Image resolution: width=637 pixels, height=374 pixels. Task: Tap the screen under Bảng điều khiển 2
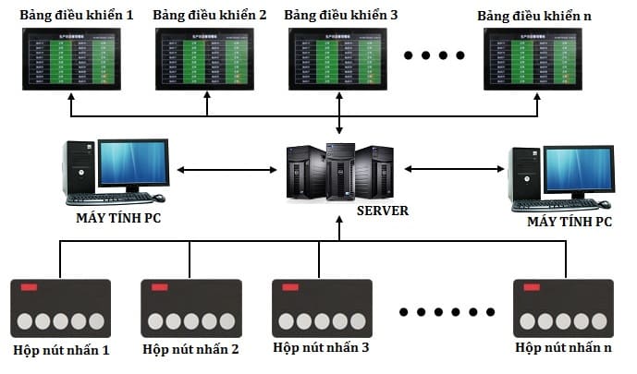(x=205, y=58)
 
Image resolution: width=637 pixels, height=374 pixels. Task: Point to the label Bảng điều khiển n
(x=534, y=16)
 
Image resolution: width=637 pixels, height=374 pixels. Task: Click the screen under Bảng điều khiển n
(x=537, y=58)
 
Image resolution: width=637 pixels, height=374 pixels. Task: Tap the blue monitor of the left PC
(x=134, y=163)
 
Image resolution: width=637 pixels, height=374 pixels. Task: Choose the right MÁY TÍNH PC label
(x=569, y=223)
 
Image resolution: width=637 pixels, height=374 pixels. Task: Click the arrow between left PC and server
(x=227, y=170)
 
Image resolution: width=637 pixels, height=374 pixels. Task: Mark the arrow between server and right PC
(x=454, y=169)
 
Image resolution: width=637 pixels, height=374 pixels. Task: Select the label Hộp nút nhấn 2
(x=191, y=350)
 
